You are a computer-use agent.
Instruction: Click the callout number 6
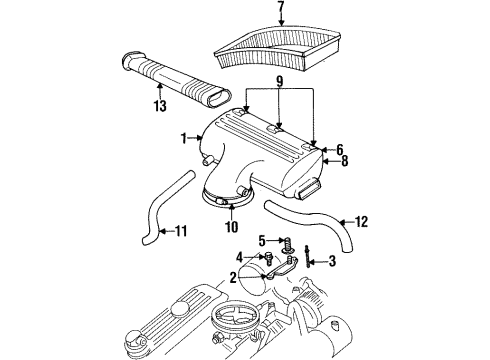340,149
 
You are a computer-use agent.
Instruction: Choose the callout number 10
231,226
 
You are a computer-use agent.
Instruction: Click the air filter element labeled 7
280,45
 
